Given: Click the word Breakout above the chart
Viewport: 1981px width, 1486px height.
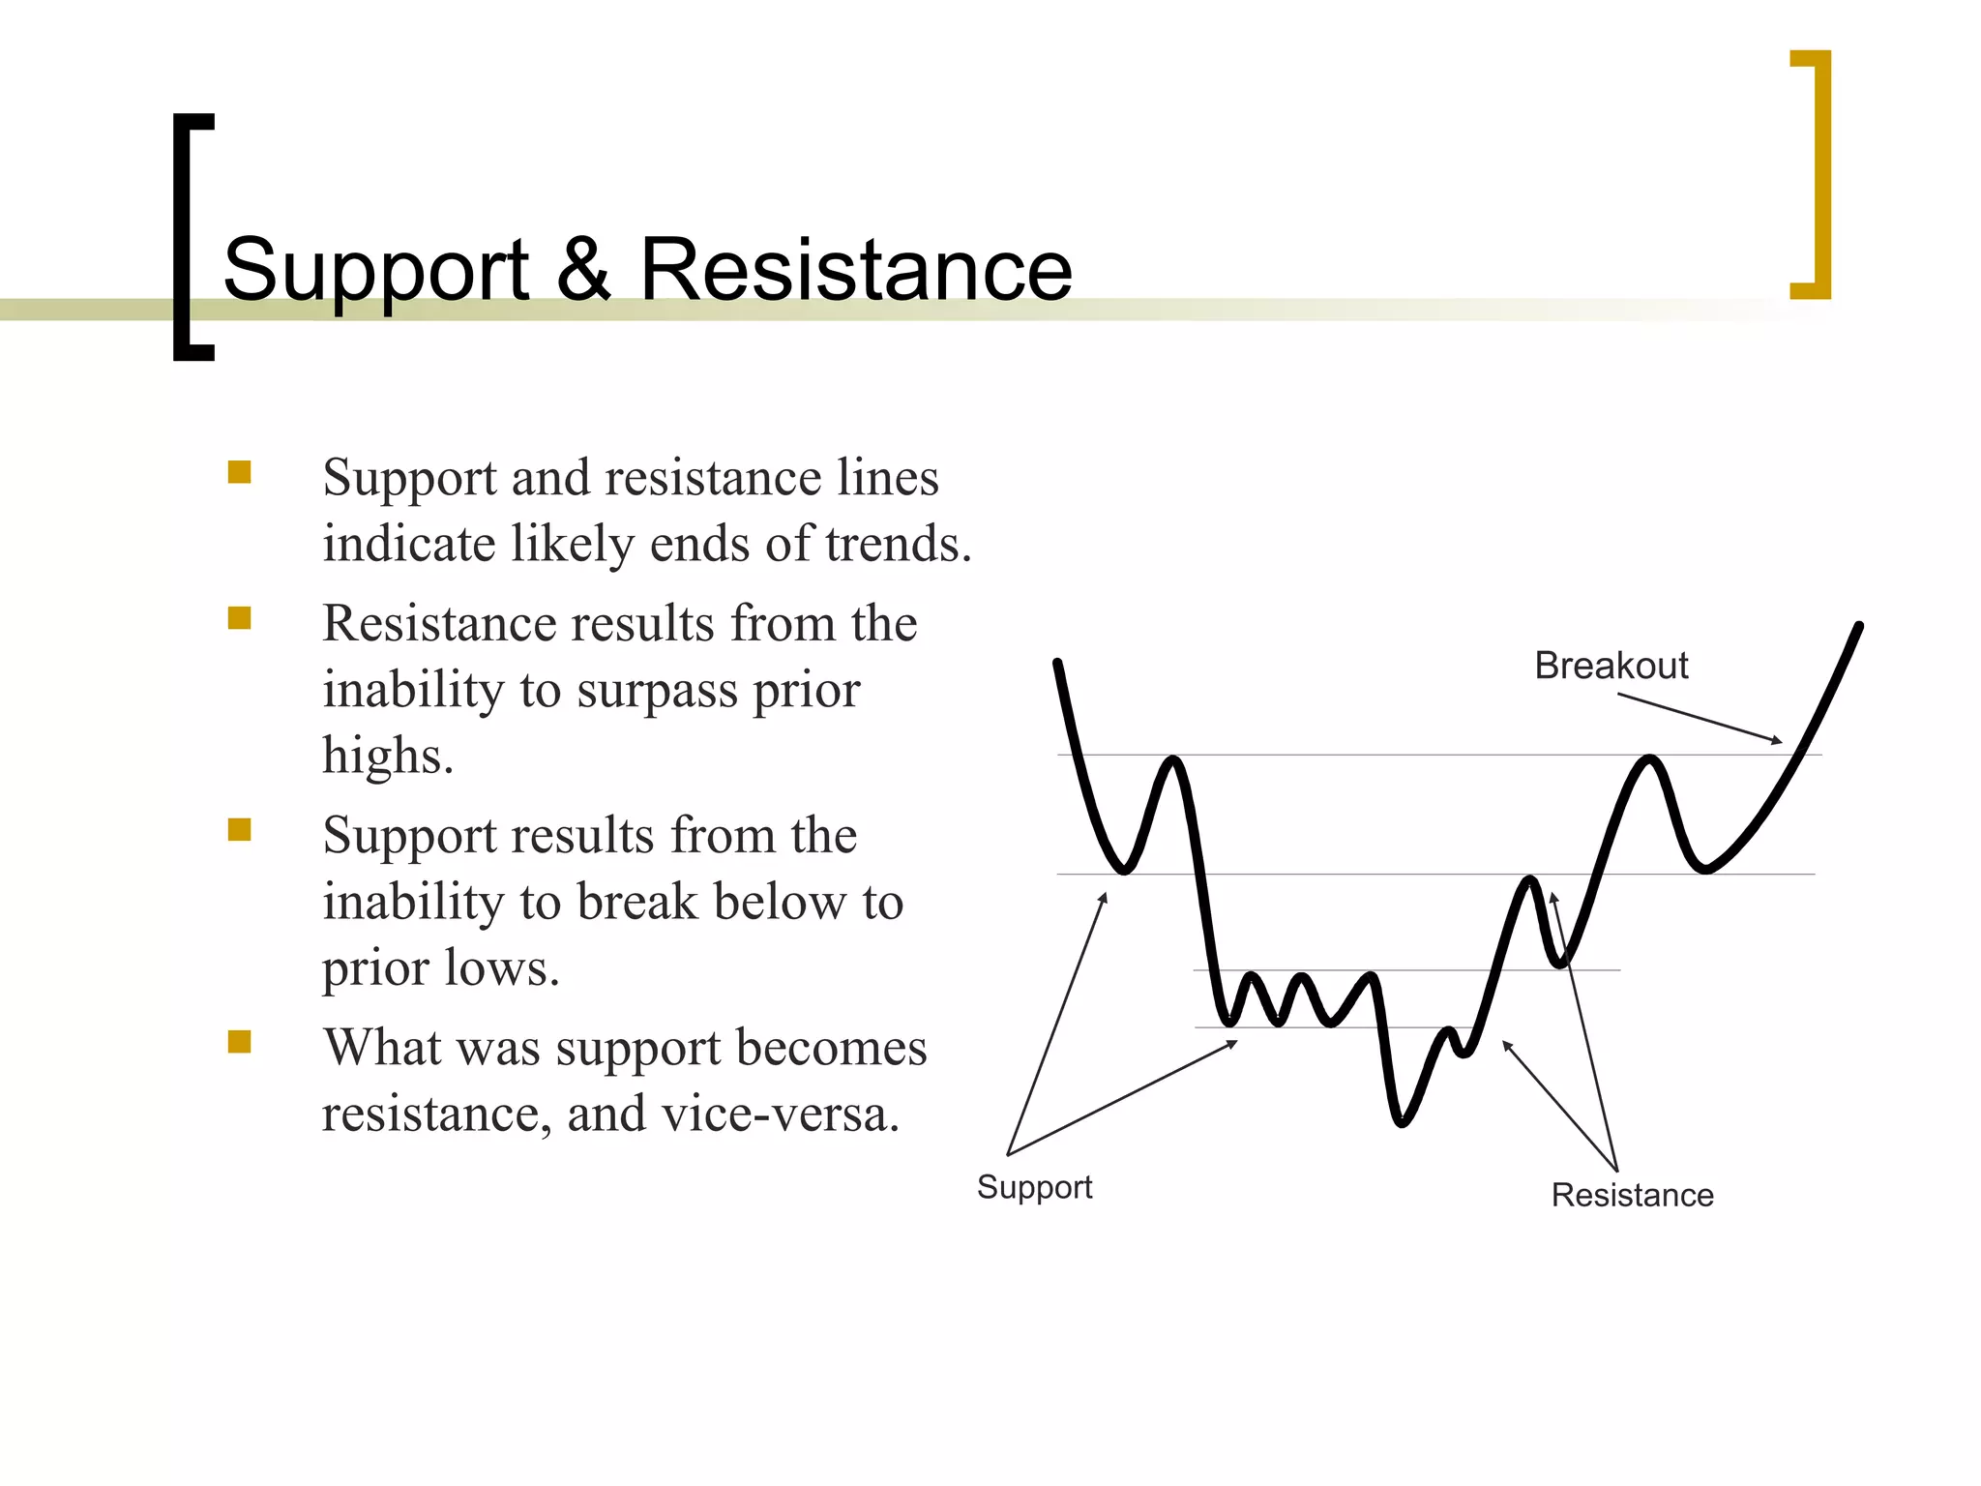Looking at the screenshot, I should click(1611, 666).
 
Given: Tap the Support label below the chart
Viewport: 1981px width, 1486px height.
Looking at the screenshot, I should click(1034, 1187).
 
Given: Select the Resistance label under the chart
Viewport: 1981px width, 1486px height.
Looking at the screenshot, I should click(1632, 1195).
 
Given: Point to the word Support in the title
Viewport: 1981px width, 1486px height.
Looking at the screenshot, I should click(376, 271).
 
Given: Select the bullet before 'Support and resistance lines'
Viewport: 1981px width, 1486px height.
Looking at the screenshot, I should click(239, 472).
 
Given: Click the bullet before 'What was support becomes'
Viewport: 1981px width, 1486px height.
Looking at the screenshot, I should click(239, 1041).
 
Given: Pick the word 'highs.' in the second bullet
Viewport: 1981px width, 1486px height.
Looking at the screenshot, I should click(388, 756).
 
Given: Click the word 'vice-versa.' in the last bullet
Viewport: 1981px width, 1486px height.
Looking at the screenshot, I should click(781, 1114).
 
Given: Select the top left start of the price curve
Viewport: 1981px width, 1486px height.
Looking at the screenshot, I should click(1057, 664).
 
